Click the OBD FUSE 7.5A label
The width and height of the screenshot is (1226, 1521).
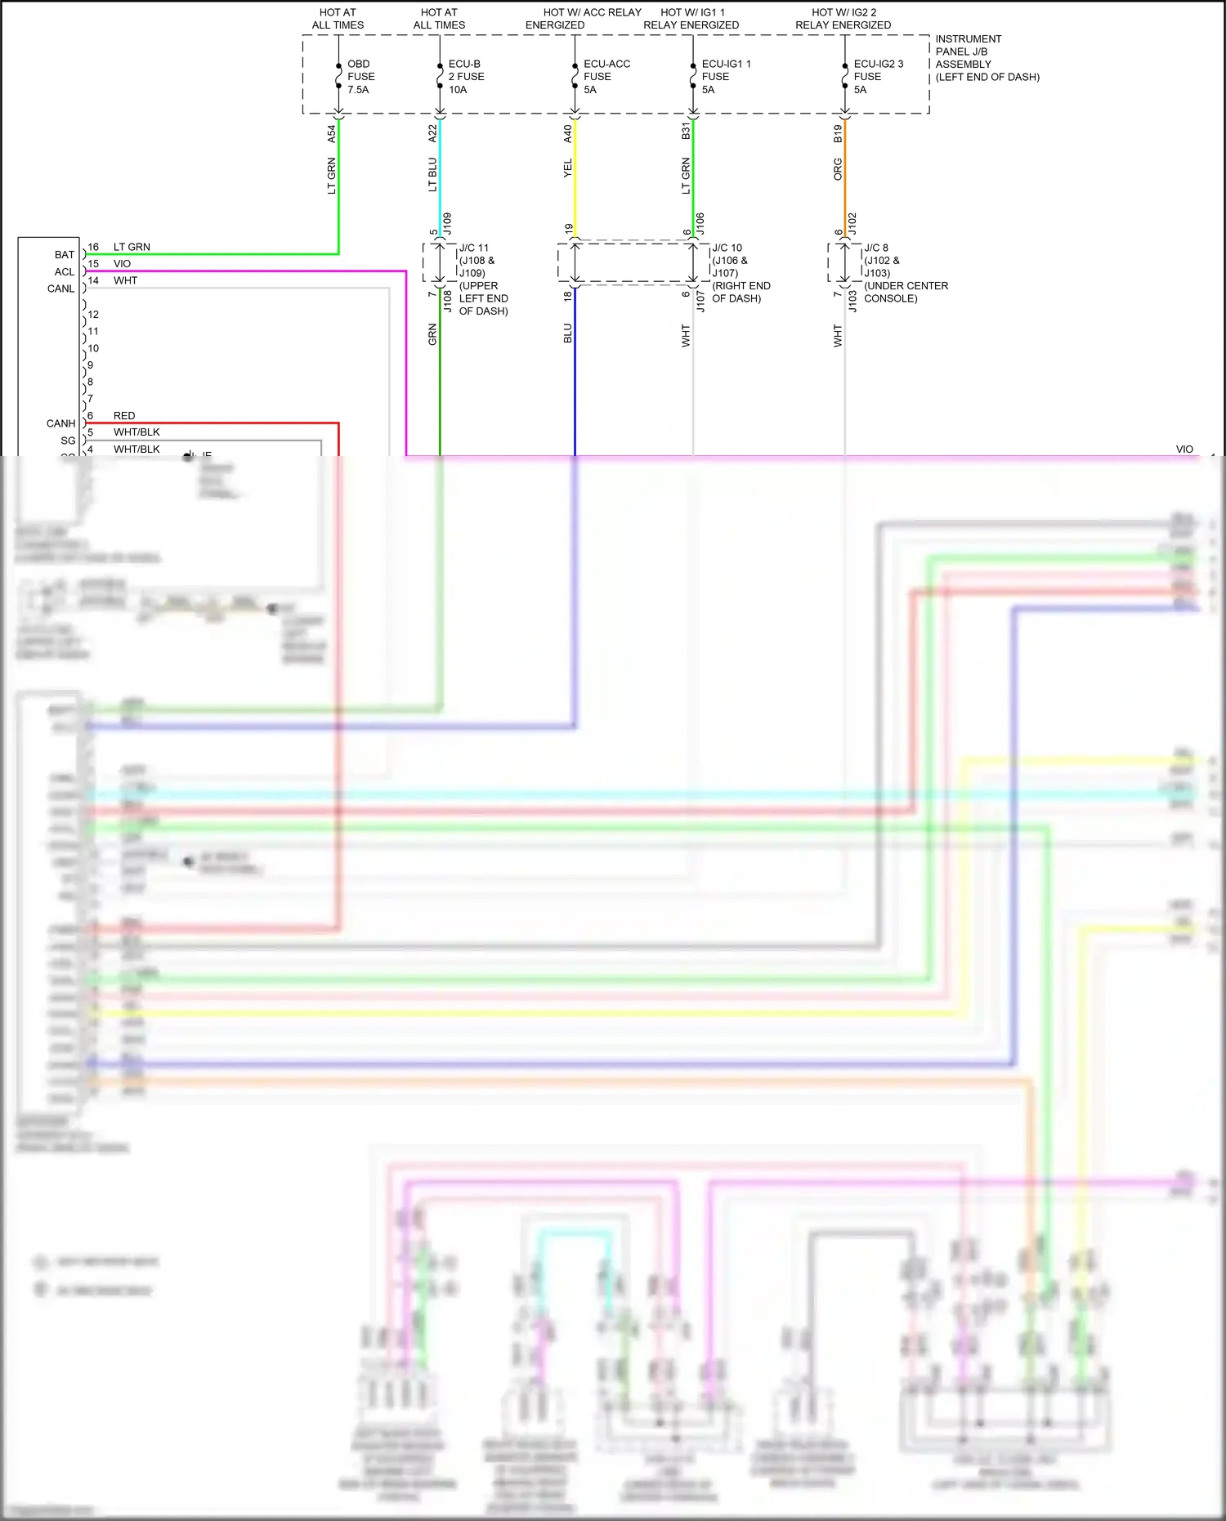tap(360, 77)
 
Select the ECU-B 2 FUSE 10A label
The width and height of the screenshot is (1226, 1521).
tap(466, 77)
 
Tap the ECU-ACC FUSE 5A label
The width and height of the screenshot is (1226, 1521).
tap(606, 77)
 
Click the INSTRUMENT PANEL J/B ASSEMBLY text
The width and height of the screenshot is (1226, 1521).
tap(987, 58)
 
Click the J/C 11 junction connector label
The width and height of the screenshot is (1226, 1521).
tap(482, 279)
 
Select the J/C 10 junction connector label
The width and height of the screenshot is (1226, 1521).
tap(740, 272)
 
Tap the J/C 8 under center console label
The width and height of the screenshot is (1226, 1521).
tap(905, 272)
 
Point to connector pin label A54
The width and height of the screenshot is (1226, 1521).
tap(331, 133)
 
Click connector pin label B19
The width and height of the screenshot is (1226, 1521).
tap(838, 133)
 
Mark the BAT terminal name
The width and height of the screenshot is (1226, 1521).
tap(65, 255)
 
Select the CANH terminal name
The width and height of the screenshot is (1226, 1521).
tap(60, 423)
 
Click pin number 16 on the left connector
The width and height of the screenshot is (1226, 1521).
tap(93, 247)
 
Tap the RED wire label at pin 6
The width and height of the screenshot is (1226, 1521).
tap(124, 416)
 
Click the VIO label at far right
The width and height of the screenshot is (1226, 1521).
tap(1183, 450)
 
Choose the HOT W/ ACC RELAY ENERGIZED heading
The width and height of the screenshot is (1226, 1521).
tap(583, 19)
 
